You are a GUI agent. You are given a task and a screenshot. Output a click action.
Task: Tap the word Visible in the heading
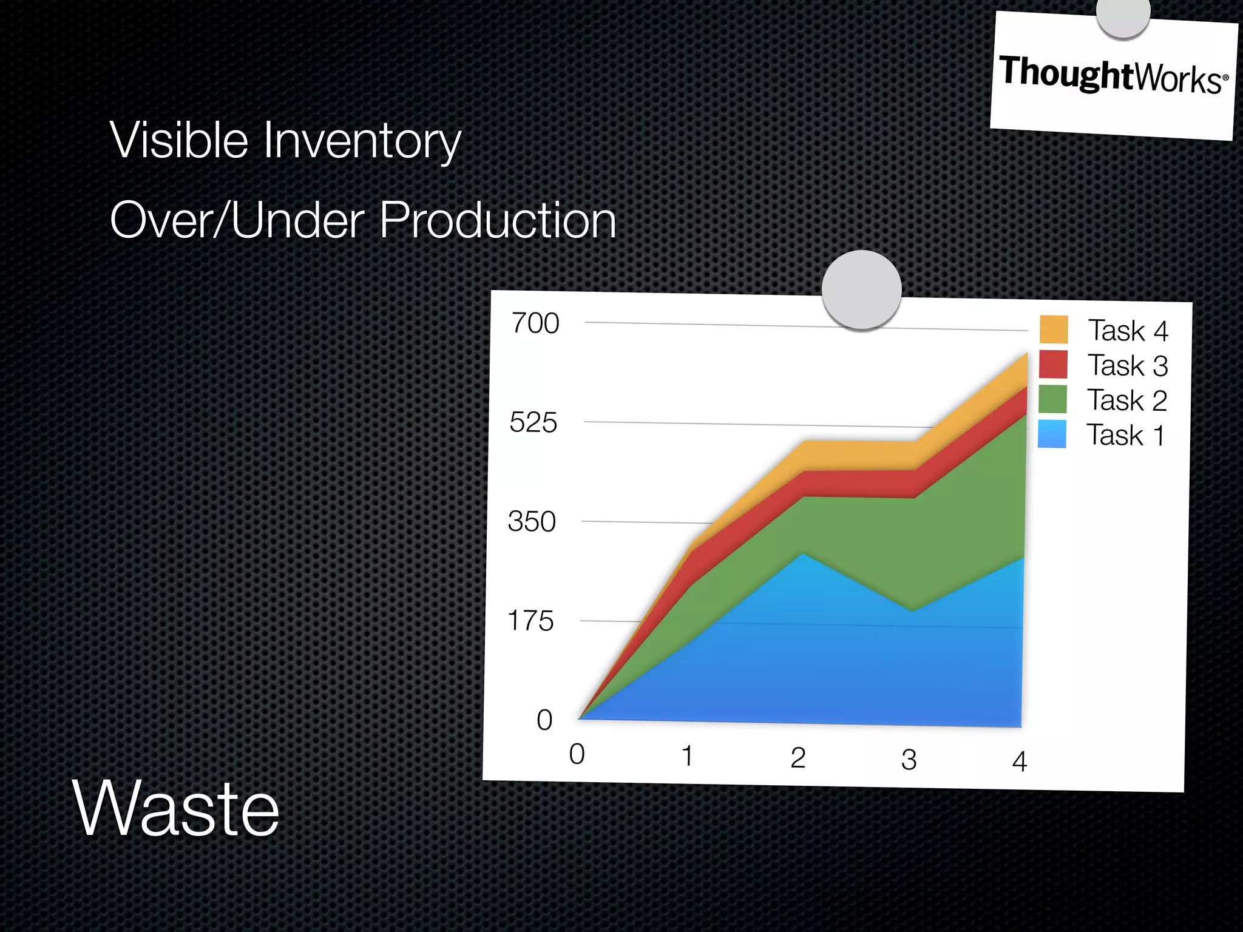pyautogui.click(x=179, y=140)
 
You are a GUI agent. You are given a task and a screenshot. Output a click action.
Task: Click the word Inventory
pyautogui.click(x=362, y=141)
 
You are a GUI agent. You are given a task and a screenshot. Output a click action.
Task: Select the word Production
pyautogui.click(x=498, y=220)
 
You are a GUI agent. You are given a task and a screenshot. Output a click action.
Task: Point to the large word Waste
pyautogui.click(x=176, y=809)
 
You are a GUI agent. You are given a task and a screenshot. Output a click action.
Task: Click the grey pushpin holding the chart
pyautogui.click(x=861, y=289)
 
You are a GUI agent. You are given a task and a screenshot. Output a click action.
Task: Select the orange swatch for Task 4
pyautogui.click(x=1053, y=329)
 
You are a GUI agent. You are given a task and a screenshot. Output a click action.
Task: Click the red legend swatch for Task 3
pyautogui.click(x=1052, y=364)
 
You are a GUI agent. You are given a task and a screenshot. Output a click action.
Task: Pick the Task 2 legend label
pyautogui.click(x=1126, y=400)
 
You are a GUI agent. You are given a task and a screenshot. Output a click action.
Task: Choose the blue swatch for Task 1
pyautogui.click(x=1052, y=434)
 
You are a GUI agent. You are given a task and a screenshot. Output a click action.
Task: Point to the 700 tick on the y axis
pyautogui.click(x=535, y=323)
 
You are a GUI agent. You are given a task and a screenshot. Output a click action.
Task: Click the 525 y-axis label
pyautogui.click(x=533, y=422)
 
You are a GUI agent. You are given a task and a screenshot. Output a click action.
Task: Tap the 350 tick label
pyautogui.click(x=532, y=522)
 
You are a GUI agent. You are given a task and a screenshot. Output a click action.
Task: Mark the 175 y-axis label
pyautogui.click(x=530, y=621)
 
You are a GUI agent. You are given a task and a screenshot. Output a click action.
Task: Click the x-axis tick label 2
pyautogui.click(x=798, y=758)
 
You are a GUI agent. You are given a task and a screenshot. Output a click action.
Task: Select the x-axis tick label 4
pyautogui.click(x=1020, y=761)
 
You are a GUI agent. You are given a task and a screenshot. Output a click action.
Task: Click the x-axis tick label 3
pyautogui.click(x=909, y=760)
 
